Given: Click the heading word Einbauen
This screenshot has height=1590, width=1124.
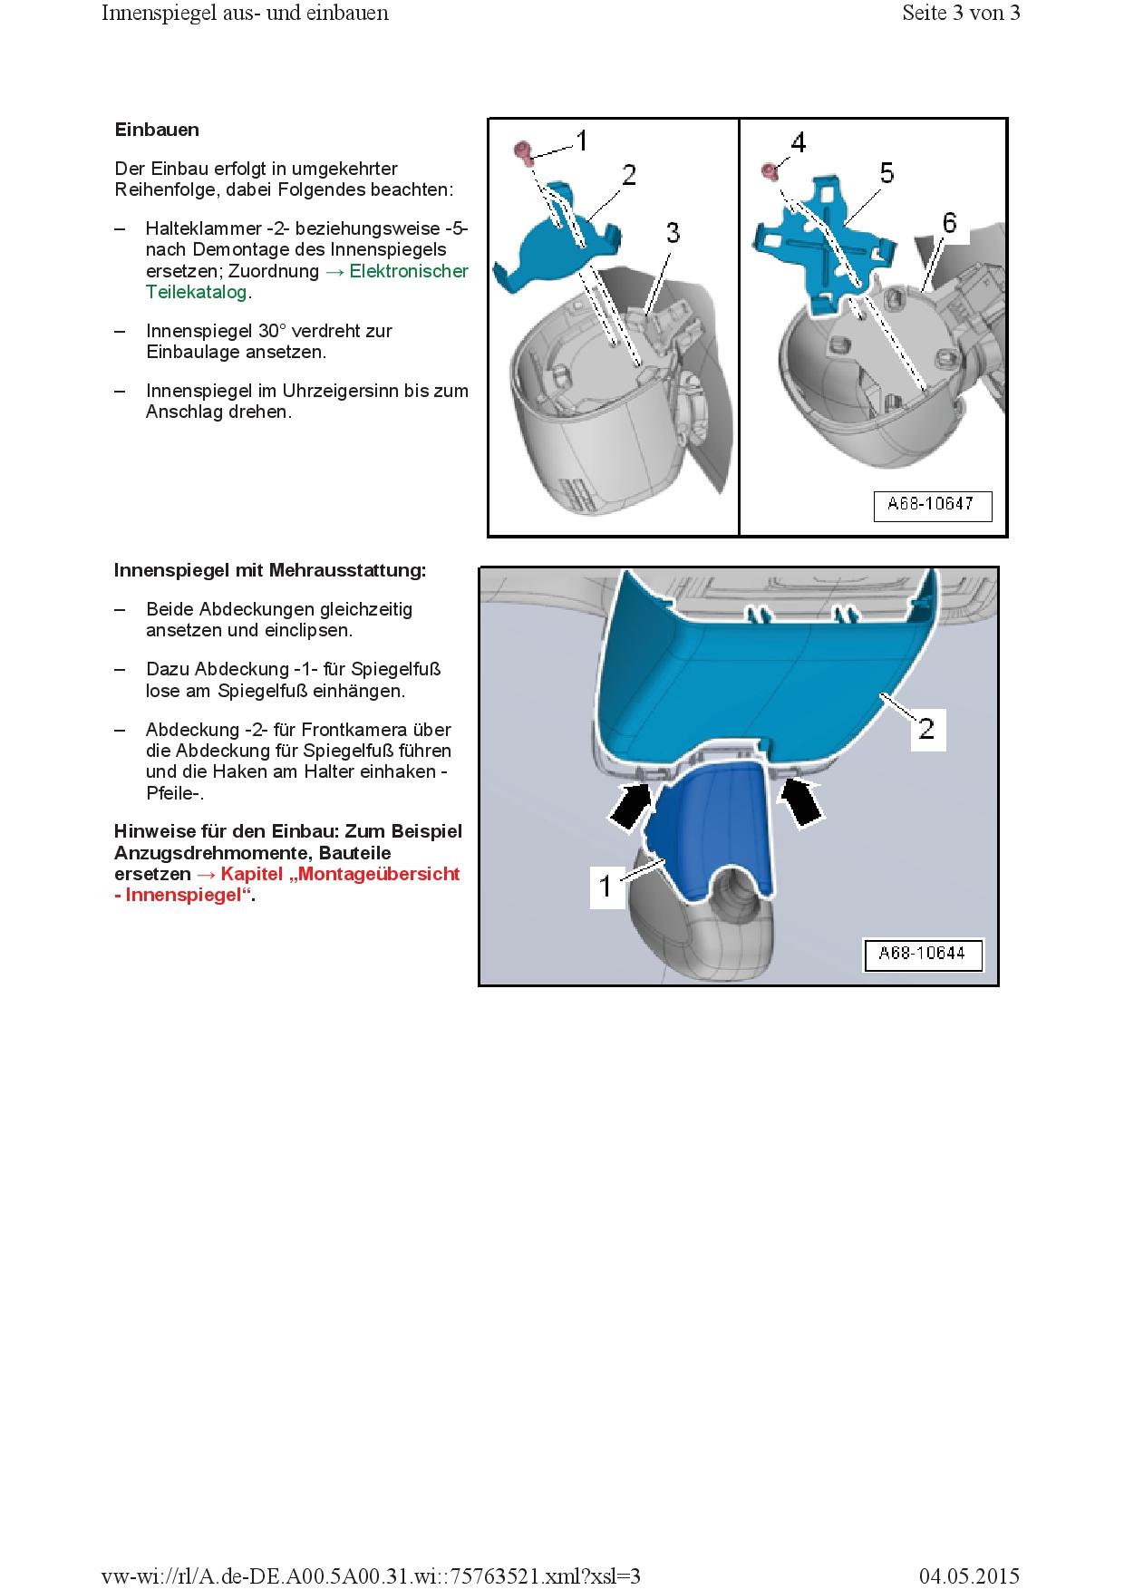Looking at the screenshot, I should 157,130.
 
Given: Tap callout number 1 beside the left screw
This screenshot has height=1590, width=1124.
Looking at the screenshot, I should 582,141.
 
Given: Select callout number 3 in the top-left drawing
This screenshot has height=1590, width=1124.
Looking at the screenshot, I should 673,232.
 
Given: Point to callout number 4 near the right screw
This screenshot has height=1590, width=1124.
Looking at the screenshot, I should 798,142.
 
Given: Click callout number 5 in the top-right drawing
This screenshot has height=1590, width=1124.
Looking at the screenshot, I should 886,172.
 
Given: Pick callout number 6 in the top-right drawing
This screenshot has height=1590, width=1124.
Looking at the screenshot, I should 948,222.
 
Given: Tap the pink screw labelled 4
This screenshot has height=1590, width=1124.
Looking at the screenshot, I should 770,170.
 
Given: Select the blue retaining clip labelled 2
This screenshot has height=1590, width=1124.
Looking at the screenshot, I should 553,240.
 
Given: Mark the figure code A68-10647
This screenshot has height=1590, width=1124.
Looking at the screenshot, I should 932,505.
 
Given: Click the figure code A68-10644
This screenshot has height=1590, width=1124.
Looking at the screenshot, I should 922,954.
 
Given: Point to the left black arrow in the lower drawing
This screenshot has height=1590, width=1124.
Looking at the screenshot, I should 631,805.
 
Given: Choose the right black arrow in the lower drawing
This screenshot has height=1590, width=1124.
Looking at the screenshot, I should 799,803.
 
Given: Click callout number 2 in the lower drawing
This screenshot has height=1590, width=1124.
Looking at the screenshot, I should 927,728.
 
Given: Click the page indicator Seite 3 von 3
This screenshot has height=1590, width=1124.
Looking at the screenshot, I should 961,13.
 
